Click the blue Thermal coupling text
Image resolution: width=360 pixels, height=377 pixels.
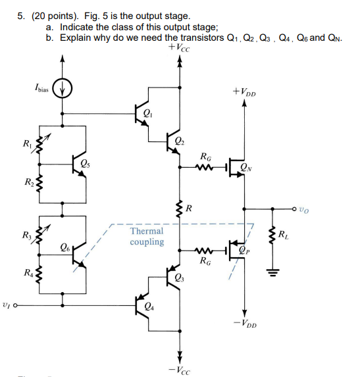(x=147, y=236)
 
